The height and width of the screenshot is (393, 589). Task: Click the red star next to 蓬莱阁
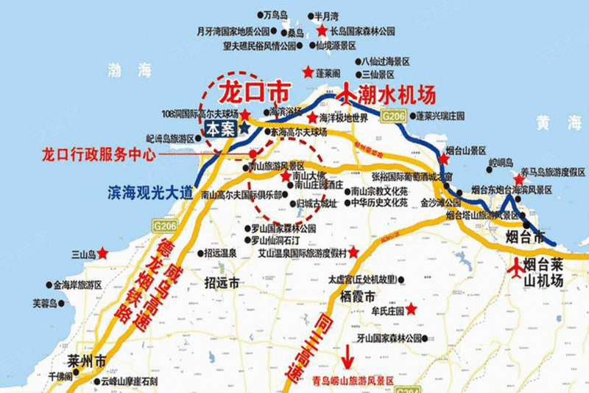[308, 72]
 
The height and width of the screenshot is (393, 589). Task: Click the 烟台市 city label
[528, 238]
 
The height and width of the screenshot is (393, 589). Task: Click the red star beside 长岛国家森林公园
[322, 31]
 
